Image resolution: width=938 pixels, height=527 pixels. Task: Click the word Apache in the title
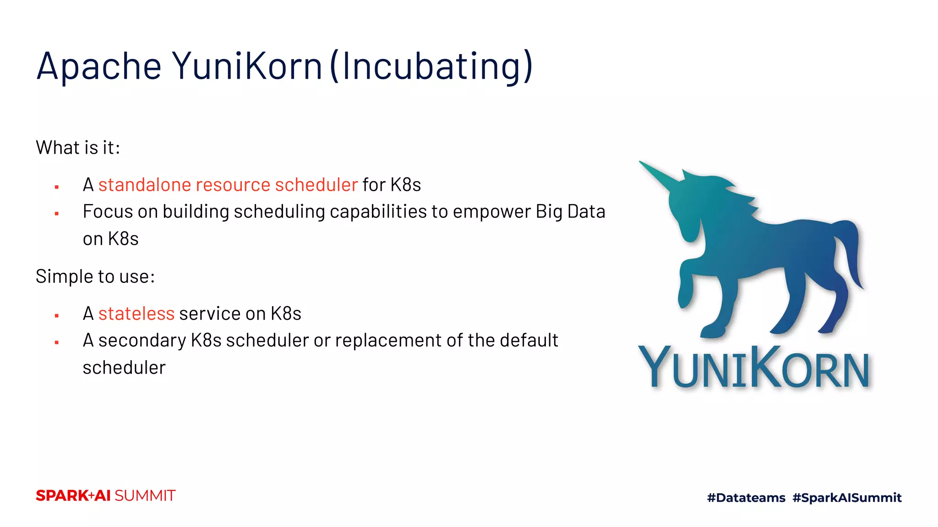98,66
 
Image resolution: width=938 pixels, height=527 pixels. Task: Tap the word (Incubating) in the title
431,66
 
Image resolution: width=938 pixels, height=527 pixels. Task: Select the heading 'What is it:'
78,148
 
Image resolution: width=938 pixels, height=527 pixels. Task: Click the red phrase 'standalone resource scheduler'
228,185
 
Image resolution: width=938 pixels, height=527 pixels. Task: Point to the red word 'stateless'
136,314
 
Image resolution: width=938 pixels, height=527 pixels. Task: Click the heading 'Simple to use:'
95,277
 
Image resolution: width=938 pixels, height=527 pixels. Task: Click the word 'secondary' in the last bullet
142,340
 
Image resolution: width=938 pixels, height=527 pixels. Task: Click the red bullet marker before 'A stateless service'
57,316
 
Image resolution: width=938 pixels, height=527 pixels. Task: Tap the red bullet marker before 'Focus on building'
57,214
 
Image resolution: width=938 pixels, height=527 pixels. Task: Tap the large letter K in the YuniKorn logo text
764,366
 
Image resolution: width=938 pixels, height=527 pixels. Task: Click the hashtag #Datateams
746,498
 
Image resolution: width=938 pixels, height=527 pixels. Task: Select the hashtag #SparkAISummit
847,498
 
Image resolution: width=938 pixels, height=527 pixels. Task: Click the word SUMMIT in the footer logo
145,496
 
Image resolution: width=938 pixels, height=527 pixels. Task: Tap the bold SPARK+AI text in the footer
73,496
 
